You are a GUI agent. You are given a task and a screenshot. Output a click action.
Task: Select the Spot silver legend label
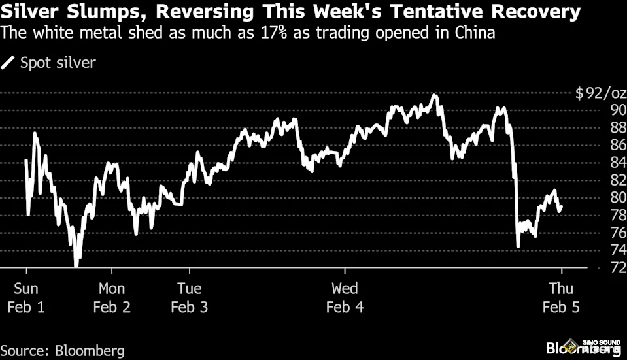pos(58,63)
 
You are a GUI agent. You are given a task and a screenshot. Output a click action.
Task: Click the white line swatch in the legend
pos(9,63)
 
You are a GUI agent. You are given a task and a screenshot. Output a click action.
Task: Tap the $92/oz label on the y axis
pos(601,93)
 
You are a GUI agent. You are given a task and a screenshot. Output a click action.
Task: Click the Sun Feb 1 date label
pos(26,297)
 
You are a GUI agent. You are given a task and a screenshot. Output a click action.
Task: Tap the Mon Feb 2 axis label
pos(112,297)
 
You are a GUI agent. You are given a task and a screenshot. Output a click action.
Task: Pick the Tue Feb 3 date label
pos(190,297)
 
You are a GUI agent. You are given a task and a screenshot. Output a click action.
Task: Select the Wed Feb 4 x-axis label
pos(345,297)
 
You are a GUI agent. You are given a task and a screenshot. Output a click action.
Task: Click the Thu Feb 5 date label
pos(561,297)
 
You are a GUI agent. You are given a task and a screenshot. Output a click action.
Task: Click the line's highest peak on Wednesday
pos(434,96)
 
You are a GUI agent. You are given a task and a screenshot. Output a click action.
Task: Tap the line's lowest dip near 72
pos(76,264)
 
